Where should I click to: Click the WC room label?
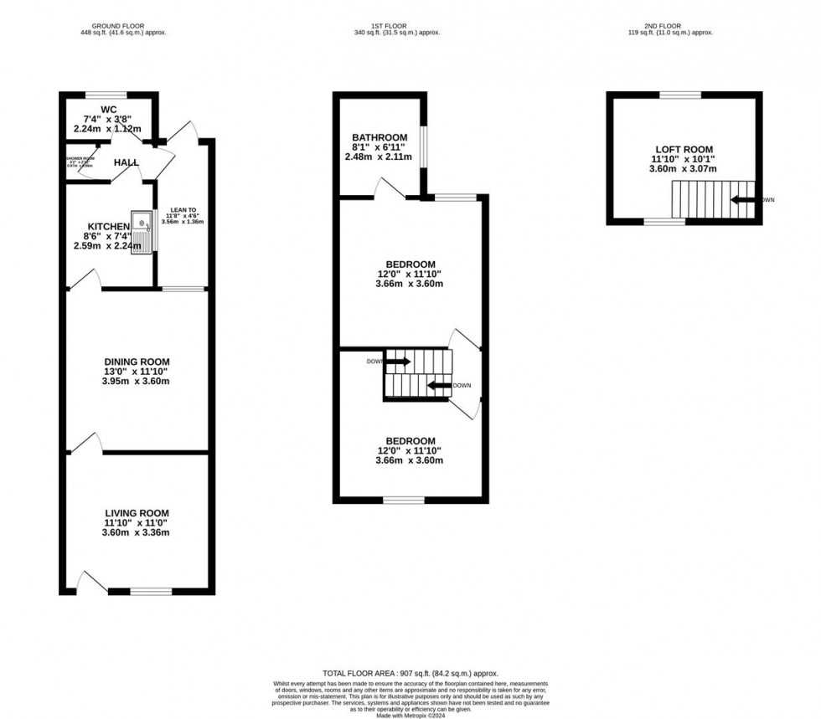pyautogui.click(x=108, y=109)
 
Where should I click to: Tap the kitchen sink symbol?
pyautogui.click(x=144, y=231)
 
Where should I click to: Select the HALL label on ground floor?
pyautogui.click(x=127, y=162)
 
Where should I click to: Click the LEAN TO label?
pyautogui.click(x=183, y=210)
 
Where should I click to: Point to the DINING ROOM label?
pyautogui.click(x=137, y=362)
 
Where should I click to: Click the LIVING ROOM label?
pyautogui.click(x=137, y=513)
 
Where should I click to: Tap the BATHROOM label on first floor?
pyautogui.click(x=380, y=137)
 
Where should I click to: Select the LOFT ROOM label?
pyautogui.click(x=684, y=150)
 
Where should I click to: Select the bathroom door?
pyautogui.click(x=390, y=188)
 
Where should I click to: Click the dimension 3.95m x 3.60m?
pyautogui.click(x=137, y=382)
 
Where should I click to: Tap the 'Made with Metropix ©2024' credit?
pyautogui.click(x=410, y=715)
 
